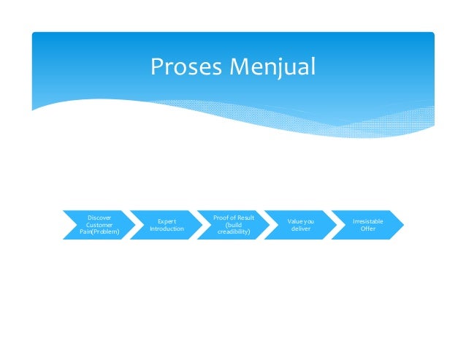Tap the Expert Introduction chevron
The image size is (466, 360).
point(167,225)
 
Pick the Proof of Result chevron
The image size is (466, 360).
point(234,225)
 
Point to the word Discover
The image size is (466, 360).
point(99,217)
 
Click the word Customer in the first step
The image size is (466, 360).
point(99,225)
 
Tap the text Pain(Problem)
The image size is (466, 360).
point(99,233)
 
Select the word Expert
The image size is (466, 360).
point(167,221)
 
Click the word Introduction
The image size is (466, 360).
point(167,229)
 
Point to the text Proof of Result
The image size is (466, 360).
point(234,217)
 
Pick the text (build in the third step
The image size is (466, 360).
point(234,225)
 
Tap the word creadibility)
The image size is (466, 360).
point(234,233)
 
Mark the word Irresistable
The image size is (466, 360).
point(367,221)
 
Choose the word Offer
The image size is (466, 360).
point(367,229)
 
